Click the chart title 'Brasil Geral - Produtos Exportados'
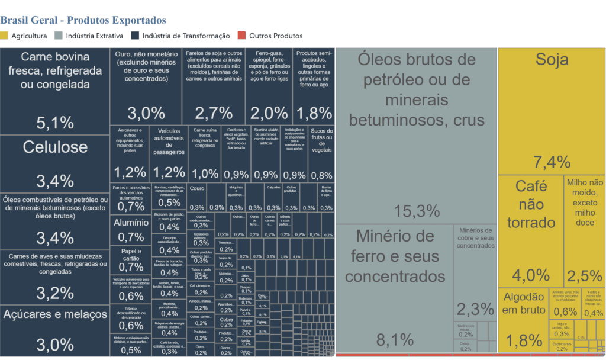click(83, 21)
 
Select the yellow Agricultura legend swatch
click(4, 36)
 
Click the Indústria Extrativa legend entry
click(85, 36)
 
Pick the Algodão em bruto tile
click(523, 320)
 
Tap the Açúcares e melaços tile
click(55, 329)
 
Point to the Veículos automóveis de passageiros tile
click(169, 153)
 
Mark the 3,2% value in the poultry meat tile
click(55, 292)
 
